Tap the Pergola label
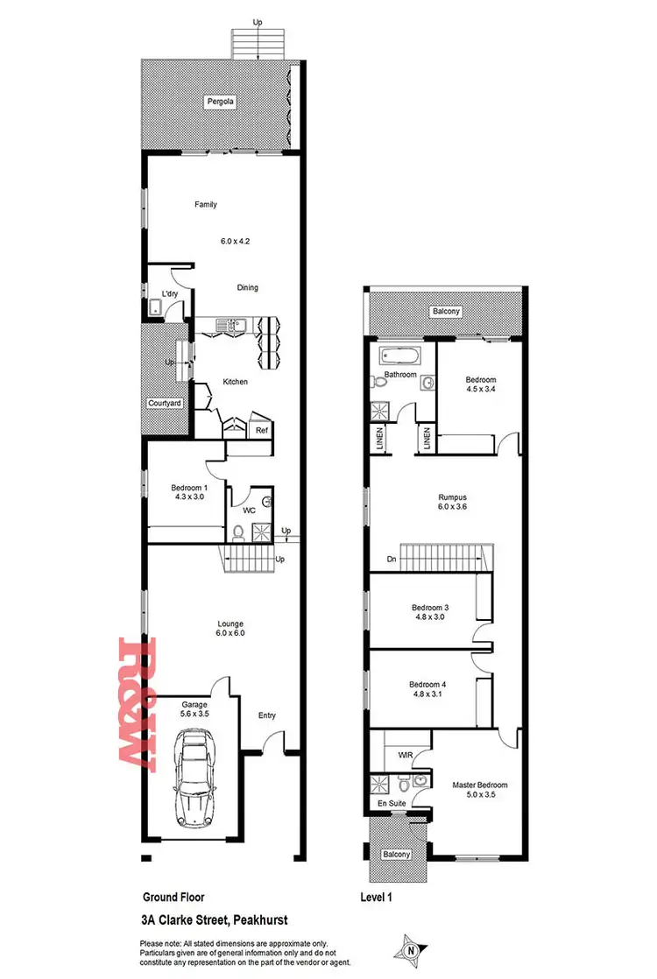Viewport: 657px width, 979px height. [x=217, y=102]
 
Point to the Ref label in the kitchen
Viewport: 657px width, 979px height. [x=261, y=430]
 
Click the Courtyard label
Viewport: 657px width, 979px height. [x=164, y=403]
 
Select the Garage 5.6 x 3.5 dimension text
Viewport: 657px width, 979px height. [x=194, y=715]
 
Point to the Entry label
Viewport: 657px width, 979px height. [x=266, y=715]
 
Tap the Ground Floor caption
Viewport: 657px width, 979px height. [x=173, y=897]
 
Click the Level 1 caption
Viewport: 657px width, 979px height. [x=380, y=897]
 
